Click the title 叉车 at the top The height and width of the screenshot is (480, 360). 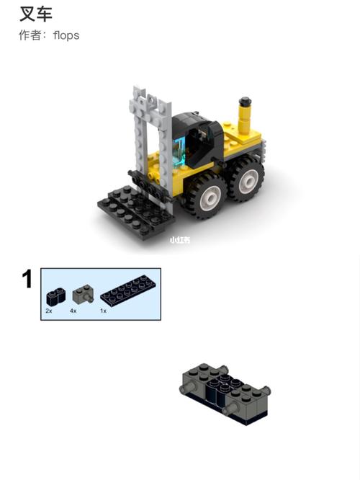pos(36,14)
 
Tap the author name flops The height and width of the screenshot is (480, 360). pos(66,35)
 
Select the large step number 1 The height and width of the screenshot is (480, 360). pos(27,279)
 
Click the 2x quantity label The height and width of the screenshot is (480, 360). pos(49,311)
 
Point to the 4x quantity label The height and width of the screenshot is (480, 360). pos(73,311)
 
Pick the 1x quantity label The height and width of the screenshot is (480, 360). pos(104,311)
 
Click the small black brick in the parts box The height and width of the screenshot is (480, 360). pos(56,297)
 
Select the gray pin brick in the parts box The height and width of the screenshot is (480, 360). pos(83,293)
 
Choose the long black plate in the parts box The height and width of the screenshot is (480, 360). pos(128,290)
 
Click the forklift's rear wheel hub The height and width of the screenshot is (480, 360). pos(248,180)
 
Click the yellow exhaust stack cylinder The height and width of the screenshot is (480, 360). pos(245,120)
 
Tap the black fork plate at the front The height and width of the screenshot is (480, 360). pos(135,212)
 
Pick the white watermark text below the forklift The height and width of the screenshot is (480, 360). pos(180,240)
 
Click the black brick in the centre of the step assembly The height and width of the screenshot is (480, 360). pos(224,388)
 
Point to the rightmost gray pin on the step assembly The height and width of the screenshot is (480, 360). pos(265,390)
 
